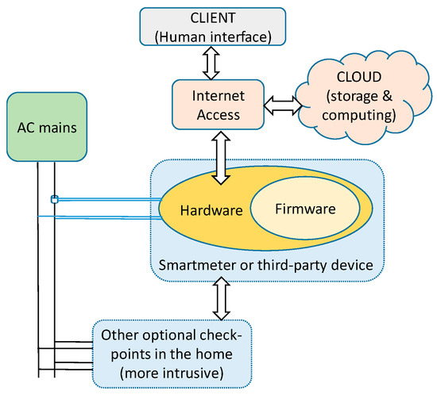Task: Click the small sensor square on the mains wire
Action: coord(54,199)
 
